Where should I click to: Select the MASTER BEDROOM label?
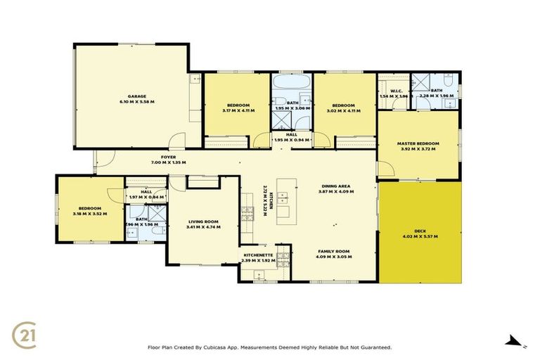tap(418, 143)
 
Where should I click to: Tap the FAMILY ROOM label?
tap(333, 251)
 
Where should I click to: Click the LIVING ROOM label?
tap(202, 222)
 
